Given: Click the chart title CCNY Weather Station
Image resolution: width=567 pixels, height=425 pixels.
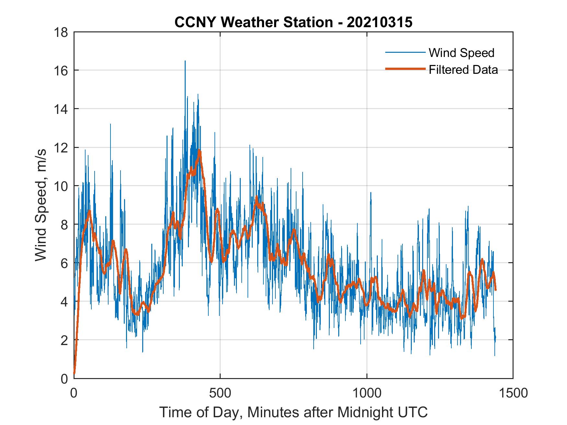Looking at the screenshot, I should click(x=293, y=22).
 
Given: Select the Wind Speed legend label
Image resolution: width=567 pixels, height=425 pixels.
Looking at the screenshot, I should click(x=461, y=53).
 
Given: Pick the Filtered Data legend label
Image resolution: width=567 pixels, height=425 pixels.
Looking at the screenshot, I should click(x=463, y=70).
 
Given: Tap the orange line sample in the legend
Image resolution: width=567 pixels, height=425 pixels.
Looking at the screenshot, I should click(x=405, y=69).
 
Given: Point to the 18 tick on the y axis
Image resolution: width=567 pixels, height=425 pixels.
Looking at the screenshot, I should click(x=61, y=32).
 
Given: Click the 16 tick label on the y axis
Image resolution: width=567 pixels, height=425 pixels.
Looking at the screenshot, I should click(x=61, y=71).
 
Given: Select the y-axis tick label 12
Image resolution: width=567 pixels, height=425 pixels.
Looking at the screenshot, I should click(x=61, y=148).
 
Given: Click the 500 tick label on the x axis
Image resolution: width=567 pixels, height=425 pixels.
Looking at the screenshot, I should click(x=220, y=393).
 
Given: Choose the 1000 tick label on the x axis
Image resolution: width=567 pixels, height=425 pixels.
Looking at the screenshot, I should click(x=366, y=393).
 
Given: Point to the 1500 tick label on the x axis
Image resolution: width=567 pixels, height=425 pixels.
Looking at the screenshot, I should click(x=513, y=393).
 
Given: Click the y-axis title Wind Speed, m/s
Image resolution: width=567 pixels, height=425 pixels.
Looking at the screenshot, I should click(x=41, y=205).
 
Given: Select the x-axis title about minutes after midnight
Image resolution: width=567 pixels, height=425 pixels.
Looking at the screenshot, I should click(x=293, y=412).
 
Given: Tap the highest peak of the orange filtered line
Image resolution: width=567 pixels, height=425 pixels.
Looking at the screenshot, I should click(x=199, y=151).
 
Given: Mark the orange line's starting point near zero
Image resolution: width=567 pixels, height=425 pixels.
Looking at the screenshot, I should click(x=75, y=373).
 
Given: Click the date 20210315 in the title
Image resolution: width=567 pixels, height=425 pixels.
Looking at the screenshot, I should click(x=379, y=22).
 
